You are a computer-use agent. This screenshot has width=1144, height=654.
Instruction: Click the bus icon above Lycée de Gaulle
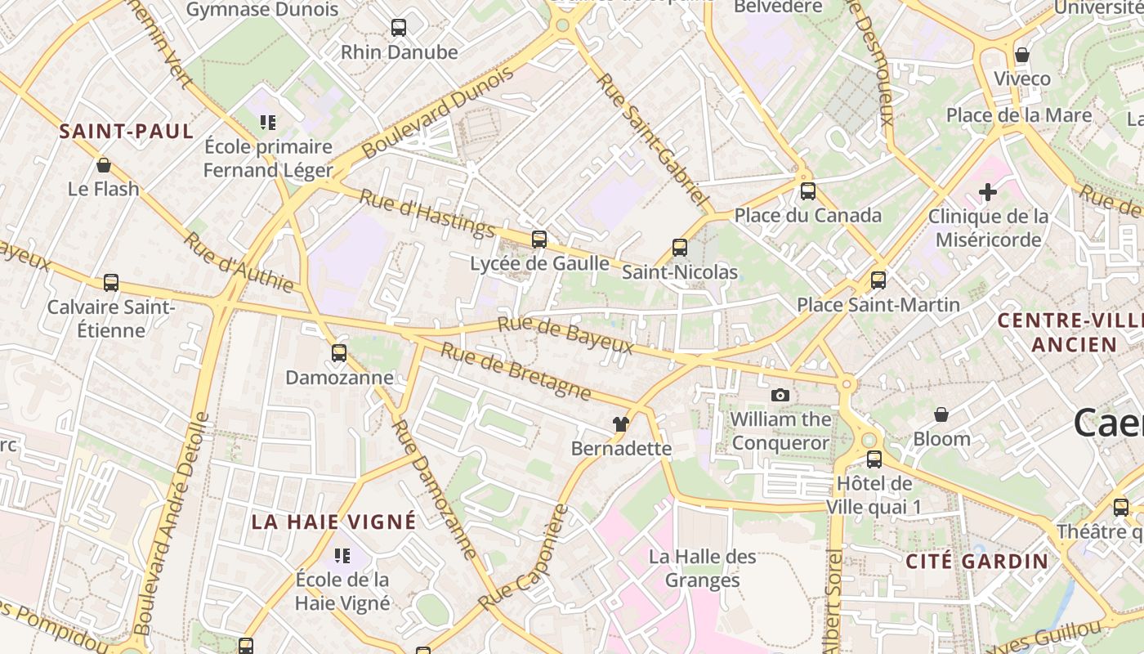point(539,239)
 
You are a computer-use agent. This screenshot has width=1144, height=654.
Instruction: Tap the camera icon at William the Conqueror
point(780,396)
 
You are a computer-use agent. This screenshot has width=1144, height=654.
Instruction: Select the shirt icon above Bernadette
point(621,424)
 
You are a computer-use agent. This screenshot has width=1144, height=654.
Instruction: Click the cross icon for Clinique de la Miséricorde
point(988,192)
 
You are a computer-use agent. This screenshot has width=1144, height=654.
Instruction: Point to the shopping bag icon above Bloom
point(941,414)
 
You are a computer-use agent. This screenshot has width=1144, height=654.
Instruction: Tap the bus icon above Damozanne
point(339,353)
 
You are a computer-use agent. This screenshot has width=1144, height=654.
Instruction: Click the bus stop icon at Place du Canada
point(808,191)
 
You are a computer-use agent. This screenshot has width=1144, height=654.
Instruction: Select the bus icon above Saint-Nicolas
point(680,248)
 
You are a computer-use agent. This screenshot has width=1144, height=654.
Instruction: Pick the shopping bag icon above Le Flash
point(104,165)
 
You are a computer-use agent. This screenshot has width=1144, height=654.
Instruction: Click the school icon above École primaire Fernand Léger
point(268,123)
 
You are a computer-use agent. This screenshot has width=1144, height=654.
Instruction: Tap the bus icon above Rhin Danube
point(399,28)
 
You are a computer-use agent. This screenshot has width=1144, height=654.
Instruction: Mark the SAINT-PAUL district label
point(127,132)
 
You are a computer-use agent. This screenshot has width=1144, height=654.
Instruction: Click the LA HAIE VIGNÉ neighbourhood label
point(333,522)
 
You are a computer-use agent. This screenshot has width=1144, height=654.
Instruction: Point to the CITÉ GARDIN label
point(976,561)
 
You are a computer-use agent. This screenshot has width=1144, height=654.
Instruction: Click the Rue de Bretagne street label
point(516,371)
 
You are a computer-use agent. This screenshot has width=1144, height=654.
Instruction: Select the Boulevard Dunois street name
point(437,113)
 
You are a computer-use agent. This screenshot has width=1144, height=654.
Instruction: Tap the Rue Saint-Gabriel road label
point(651,139)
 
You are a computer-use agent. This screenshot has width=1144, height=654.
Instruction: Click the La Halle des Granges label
point(703,568)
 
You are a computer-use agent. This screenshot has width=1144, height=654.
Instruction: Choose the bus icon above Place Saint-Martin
point(878,280)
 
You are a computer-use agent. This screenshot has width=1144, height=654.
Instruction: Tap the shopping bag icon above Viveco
point(1022,55)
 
